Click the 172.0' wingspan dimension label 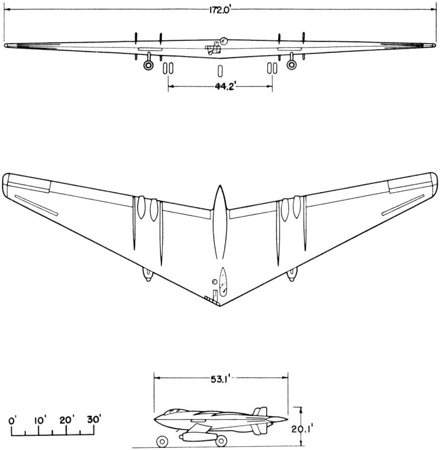tap(220, 10)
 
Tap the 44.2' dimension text tap(219, 87)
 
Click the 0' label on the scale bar tap(14, 420)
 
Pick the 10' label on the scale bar tap(41, 420)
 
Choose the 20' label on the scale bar tap(67, 420)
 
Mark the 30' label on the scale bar tap(94, 420)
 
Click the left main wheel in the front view tap(149, 64)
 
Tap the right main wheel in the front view tap(292, 64)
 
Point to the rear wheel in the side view tap(222, 441)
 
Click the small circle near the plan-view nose tap(214, 282)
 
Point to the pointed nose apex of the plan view tap(219, 305)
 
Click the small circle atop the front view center tap(224, 40)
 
